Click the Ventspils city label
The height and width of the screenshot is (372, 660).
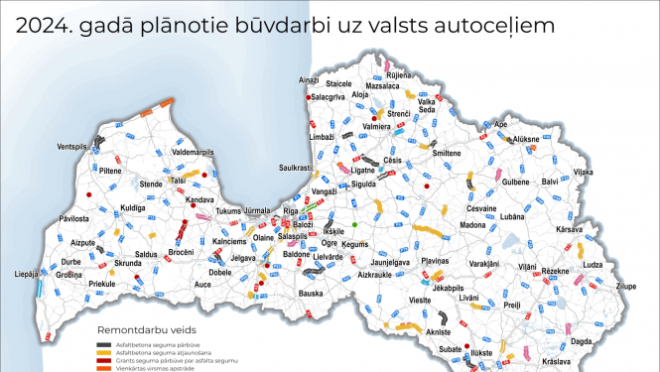click(73, 147)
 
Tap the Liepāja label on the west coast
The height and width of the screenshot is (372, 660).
click(27, 274)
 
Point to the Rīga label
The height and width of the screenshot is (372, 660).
click(291, 212)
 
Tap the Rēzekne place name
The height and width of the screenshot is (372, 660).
click(555, 270)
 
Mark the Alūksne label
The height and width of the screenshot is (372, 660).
click(526, 140)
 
